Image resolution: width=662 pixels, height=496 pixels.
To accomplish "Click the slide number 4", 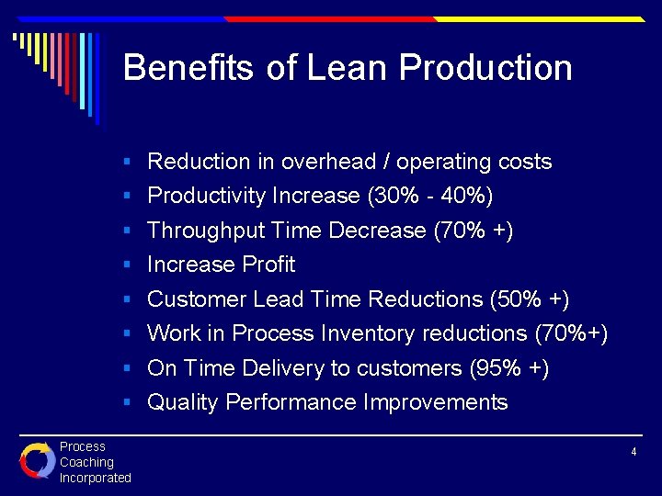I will click(x=633, y=452).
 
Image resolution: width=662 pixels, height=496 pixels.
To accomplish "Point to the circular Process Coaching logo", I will click(x=38, y=461).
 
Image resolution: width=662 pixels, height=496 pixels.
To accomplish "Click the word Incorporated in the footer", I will click(x=96, y=478).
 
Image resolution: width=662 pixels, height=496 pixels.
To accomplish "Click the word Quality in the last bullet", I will click(x=183, y=402).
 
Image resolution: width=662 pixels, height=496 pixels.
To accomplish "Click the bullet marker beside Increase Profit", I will click(x=130, y=265).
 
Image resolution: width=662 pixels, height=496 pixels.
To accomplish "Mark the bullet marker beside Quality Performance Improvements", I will click(x=130, y=403).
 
